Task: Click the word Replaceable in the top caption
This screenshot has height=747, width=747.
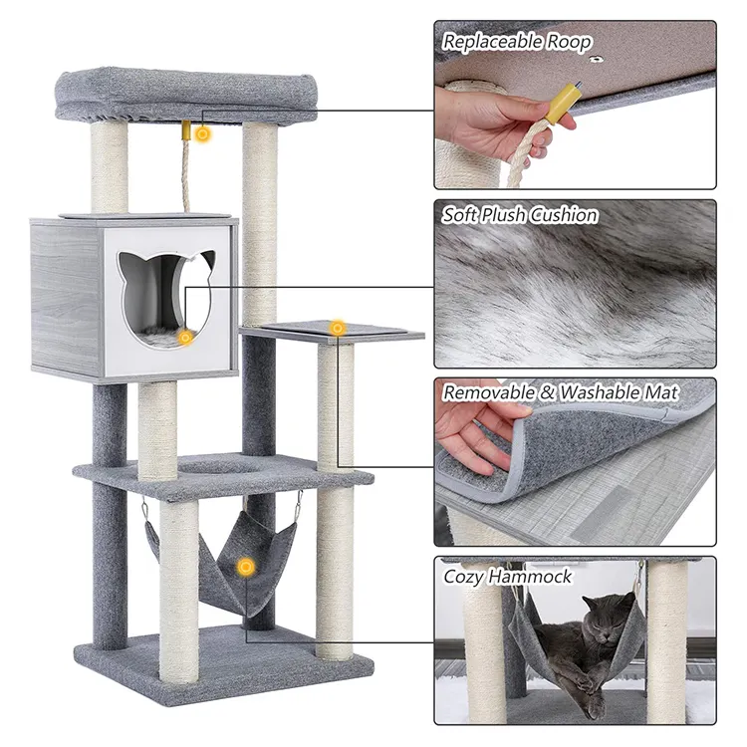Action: pos(492,42)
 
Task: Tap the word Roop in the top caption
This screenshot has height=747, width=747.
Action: pos(569,43)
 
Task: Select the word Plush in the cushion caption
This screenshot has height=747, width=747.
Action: pos(504,215)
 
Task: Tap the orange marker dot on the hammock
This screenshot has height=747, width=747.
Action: pos(246,567)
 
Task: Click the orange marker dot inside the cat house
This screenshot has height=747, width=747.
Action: pos(185,338)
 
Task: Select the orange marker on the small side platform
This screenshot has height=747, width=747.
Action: pos(338,328)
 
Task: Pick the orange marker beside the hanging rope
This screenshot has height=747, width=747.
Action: pos(203,134)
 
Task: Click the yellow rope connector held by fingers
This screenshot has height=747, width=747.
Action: pos(564,103)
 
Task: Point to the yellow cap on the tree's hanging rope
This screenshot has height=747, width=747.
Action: pos(185,130)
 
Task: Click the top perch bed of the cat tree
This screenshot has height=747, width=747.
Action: pos(186,95)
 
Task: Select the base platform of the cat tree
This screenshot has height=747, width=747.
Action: pos(224,667)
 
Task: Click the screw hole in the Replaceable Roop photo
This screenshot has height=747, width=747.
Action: pos(594,59)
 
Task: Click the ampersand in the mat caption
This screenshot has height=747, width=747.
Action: pos(548,393)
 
